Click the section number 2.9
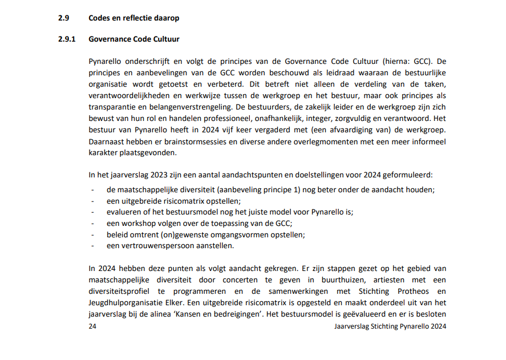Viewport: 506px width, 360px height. click(x=63, y=18)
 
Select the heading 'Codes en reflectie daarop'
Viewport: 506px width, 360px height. click(x=134, y=18)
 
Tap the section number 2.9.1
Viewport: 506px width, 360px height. click(x=67, y=40)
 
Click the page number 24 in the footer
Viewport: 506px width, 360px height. click(x=93, y=326)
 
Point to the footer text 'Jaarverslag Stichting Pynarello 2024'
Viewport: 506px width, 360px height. click(x=390, y=326)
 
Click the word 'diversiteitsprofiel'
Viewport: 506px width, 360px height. click(x=121, y=291)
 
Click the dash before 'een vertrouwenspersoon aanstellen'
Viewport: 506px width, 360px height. click(x=92, y=246)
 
